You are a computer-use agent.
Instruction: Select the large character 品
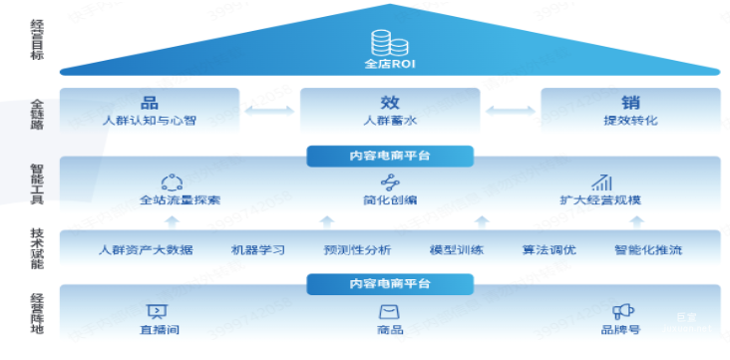tap(150, 102)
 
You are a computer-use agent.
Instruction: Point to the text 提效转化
tap(630, 121)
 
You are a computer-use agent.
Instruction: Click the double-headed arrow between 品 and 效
tap(270, 110)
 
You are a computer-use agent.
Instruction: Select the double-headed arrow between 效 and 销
tap(510, 110)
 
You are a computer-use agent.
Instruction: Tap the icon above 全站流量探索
tap(173, 181)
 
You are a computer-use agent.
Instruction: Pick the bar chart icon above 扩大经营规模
tap(601, 181)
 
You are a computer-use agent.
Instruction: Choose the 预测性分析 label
tap(357, 249)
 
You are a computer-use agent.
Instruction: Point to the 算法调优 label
tap(548, 249)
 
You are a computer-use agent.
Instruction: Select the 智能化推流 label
tap(648, 249)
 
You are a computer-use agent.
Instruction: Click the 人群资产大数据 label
tap(146, 249)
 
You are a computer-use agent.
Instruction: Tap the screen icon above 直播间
tap(158, 311)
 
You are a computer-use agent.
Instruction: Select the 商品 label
tap(389, 330)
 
